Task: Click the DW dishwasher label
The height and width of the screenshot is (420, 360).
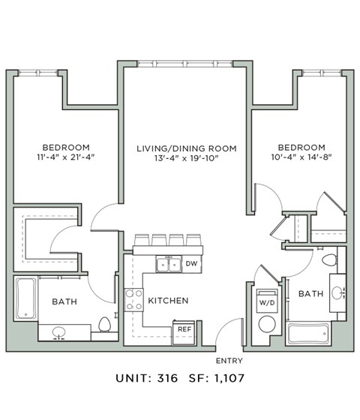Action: [191, 264]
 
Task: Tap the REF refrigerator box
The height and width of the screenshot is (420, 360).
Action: [183, 328]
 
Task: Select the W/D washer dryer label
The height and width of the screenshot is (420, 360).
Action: [266, 303]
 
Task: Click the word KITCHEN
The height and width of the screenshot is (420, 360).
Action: [168, 301]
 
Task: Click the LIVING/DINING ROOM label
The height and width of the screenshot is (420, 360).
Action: [186, 148]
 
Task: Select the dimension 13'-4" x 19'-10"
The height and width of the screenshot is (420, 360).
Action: [186, 160]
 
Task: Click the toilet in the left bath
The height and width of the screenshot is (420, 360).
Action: [105, 325]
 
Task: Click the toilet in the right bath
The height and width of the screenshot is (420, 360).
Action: [328, 260]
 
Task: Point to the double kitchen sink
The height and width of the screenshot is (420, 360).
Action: [167, 264]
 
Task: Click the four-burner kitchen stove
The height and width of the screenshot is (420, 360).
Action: [133, 300]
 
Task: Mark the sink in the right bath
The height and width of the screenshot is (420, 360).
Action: [337, 293]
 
